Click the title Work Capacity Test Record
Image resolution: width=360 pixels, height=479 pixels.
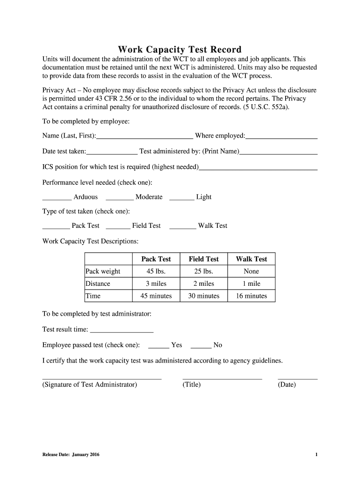180,50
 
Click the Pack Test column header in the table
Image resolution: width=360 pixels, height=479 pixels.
156,259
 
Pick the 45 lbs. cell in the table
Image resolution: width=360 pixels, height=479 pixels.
156,271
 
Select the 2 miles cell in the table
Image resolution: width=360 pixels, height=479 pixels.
204,283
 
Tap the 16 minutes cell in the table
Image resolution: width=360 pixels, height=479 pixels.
252,296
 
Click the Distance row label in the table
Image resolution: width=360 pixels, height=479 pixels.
98,283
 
